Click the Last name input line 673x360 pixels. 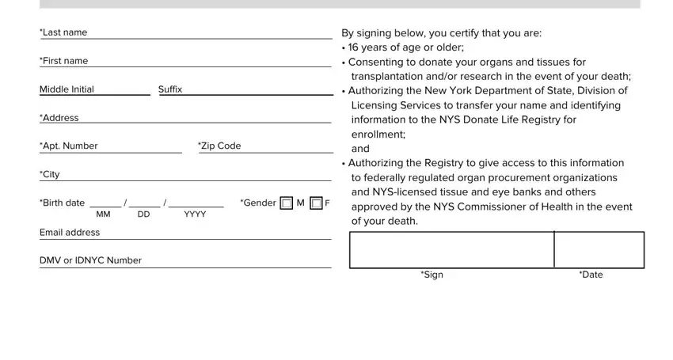186,38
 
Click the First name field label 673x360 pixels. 64,61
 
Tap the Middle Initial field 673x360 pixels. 95,94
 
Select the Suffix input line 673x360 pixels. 246,94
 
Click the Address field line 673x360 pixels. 185,123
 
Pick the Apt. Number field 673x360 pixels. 111,153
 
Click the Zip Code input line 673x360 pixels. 266,153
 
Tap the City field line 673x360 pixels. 185,180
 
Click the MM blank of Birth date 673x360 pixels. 105,207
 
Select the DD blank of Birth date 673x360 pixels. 145,207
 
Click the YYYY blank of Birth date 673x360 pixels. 196,207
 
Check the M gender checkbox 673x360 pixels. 287,203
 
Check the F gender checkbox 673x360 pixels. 316,203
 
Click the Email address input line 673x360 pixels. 185,239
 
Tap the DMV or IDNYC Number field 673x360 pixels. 185,267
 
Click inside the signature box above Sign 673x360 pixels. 452,250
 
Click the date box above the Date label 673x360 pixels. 599,250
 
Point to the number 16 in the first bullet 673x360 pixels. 353,47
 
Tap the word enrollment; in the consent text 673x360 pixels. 378,135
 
